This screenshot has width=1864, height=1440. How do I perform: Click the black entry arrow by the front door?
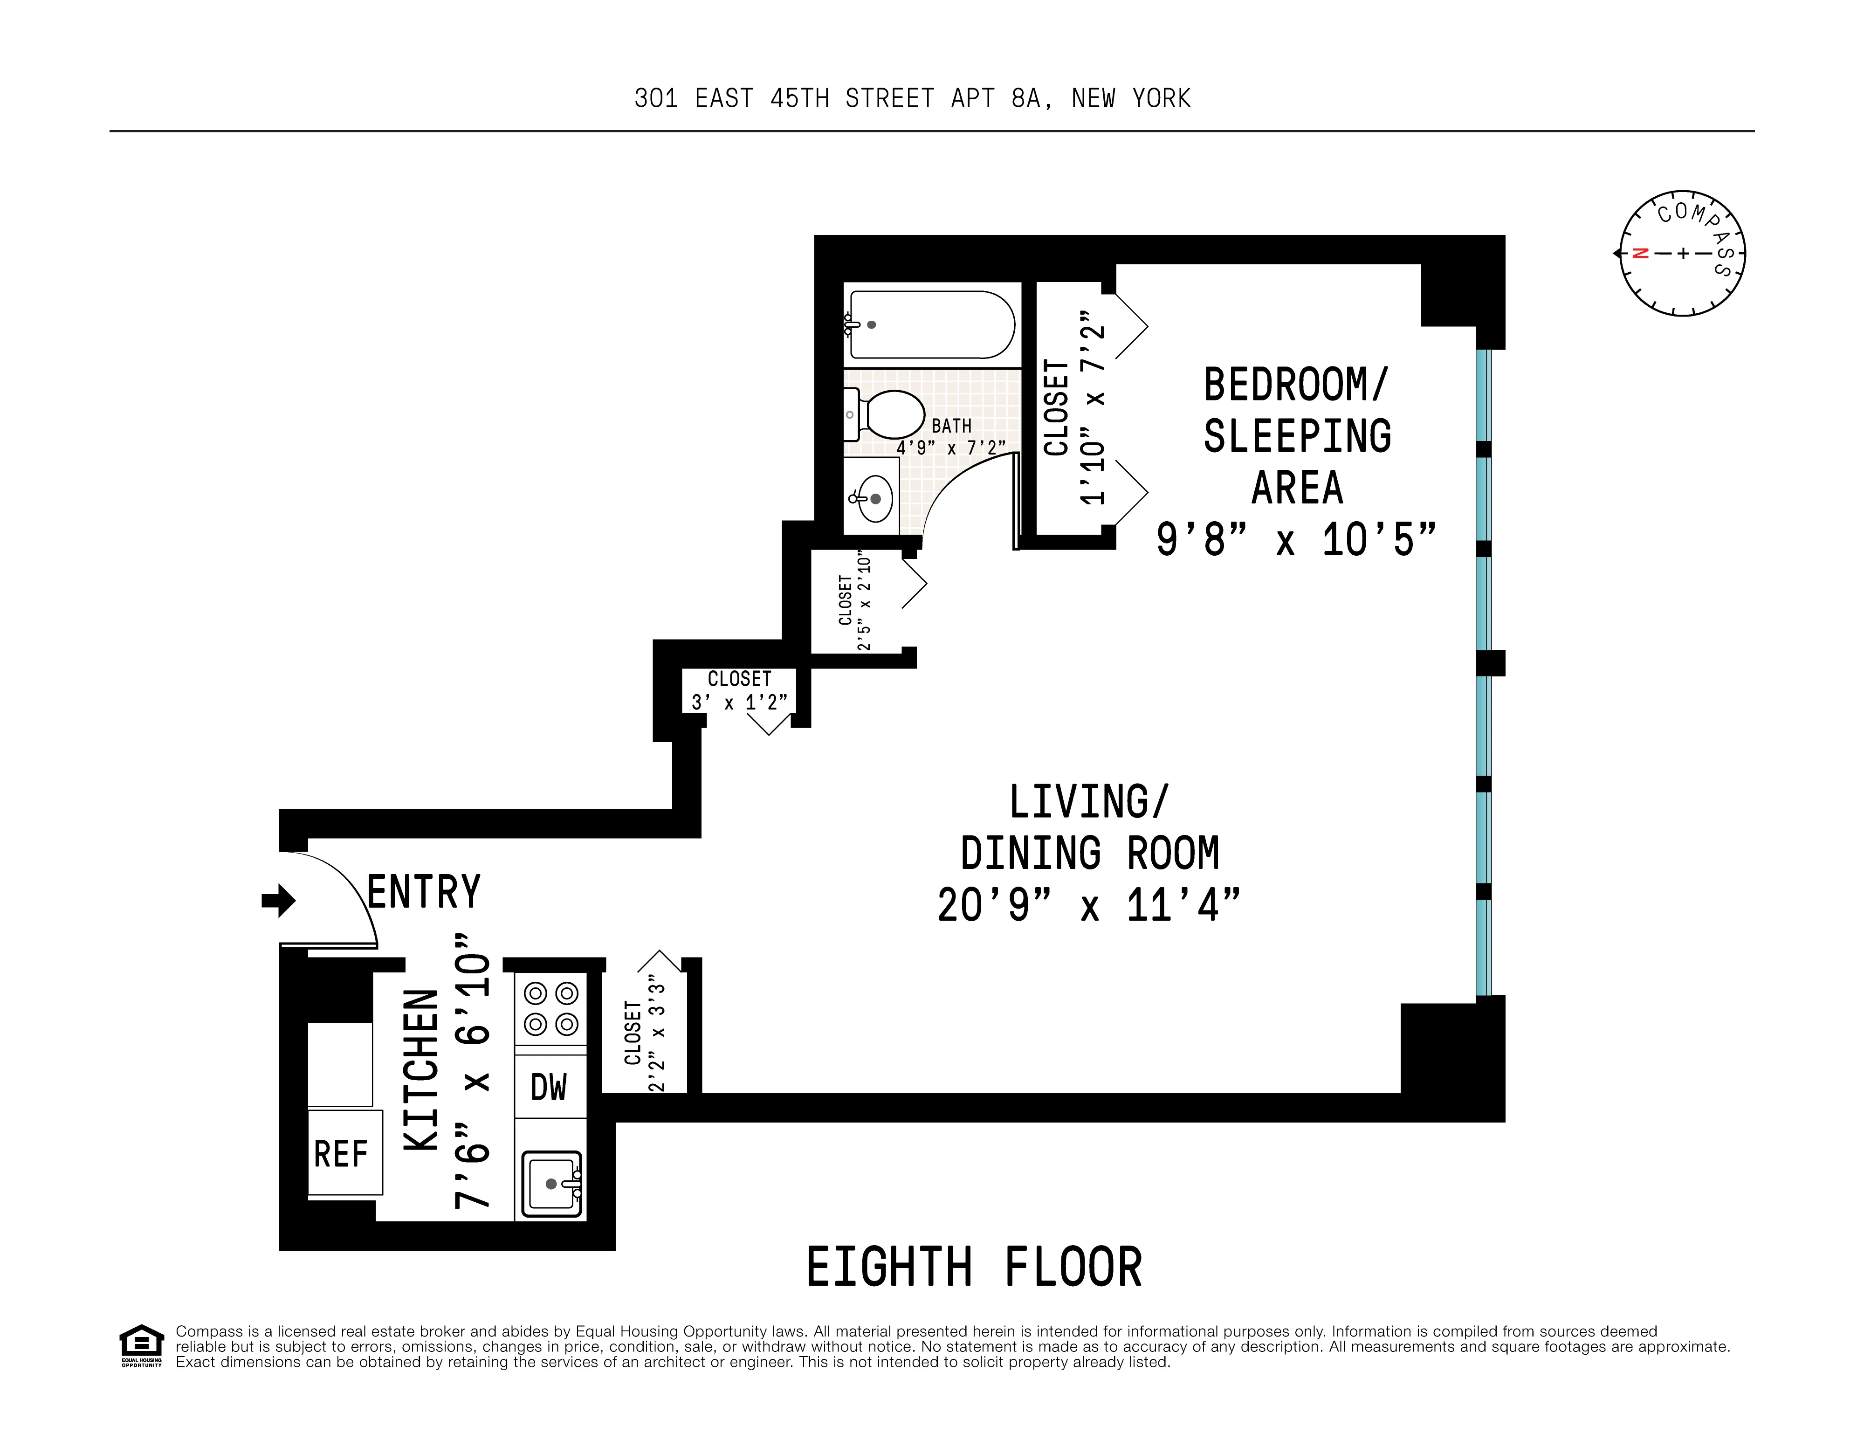pyautogui.click(x=279, y=900)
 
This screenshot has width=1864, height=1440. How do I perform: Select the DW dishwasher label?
pyautogui.click(x=549, y=1087)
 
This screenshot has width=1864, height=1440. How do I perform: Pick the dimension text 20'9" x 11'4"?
pyautogui.click(x=1088, y=905)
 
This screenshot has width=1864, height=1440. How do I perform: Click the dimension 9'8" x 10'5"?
pyautogui.click(x=1296, y=539)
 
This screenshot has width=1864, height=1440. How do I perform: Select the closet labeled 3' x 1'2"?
pyautogui.click(x=739, y=689)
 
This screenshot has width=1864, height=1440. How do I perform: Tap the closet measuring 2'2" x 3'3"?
pyautogui.click(x=644, y=1033)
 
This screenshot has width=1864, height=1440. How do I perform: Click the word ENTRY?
pyautogui.click(x=424, y=892)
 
